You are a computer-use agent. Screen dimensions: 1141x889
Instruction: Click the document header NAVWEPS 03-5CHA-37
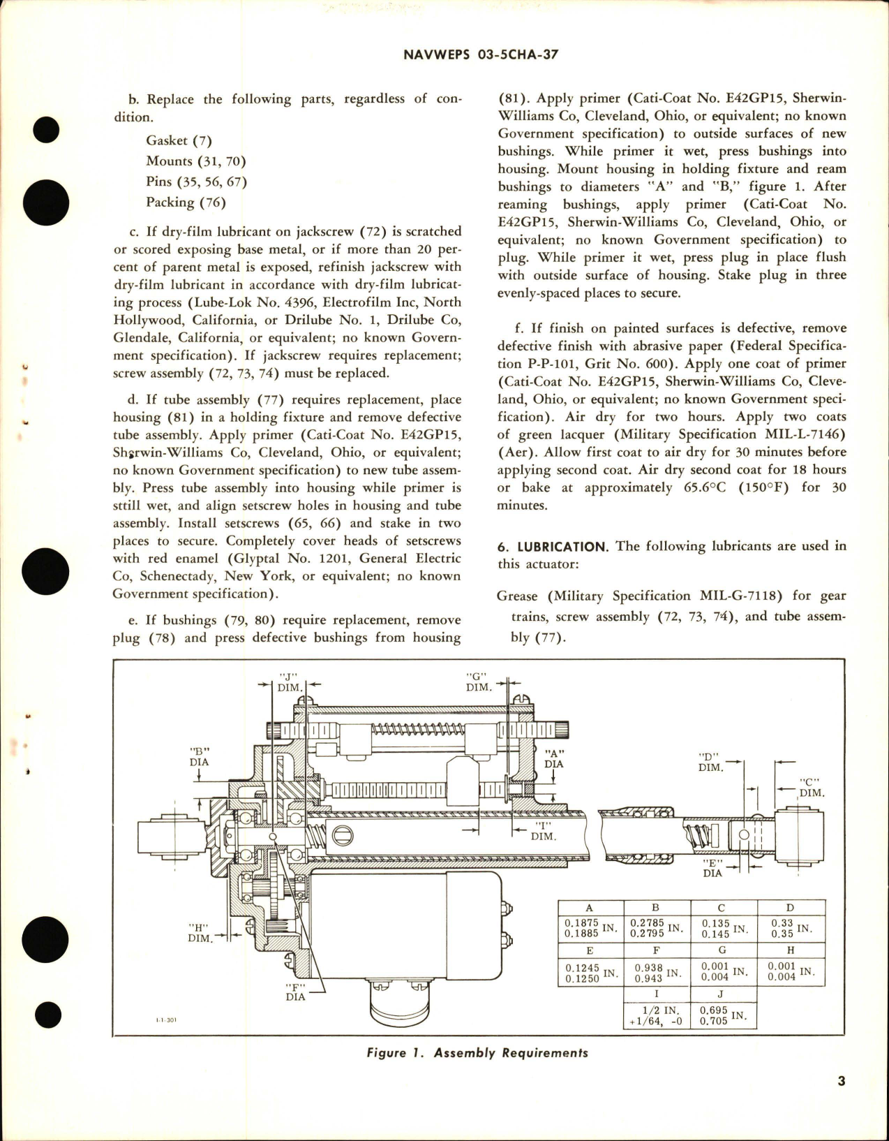coord(481,55)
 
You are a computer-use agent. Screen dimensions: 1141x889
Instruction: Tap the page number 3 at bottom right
coord(841,1081)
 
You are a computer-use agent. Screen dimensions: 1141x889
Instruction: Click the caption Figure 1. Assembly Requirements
coord(477,1052)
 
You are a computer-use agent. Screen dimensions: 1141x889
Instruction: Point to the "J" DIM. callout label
coord(288,682)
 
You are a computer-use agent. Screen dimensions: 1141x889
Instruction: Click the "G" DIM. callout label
coord(478,682)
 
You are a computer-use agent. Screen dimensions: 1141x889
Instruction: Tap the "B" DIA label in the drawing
coord(199,757)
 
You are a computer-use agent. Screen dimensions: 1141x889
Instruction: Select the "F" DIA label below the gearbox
coord(295,992)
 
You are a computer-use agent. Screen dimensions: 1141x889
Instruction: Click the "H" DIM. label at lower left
coord(200,933)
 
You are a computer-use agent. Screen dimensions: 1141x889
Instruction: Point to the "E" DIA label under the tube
coord(712,868)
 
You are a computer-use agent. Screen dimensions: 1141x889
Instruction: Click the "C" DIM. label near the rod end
coord(811,788)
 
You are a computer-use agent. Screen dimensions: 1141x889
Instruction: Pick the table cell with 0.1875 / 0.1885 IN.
coord(590,928)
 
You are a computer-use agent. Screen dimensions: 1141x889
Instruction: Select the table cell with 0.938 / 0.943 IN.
coord(656,972)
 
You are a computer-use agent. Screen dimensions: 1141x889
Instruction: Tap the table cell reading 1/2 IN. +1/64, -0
coord(656,1015)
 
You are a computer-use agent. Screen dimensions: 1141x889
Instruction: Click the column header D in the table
coord(789,907)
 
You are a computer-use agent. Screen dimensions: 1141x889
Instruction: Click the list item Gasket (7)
coord(179,140)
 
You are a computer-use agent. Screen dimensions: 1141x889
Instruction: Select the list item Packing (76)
coord(185,202)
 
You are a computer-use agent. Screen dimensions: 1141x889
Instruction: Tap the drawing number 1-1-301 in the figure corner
coord(167,1020)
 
